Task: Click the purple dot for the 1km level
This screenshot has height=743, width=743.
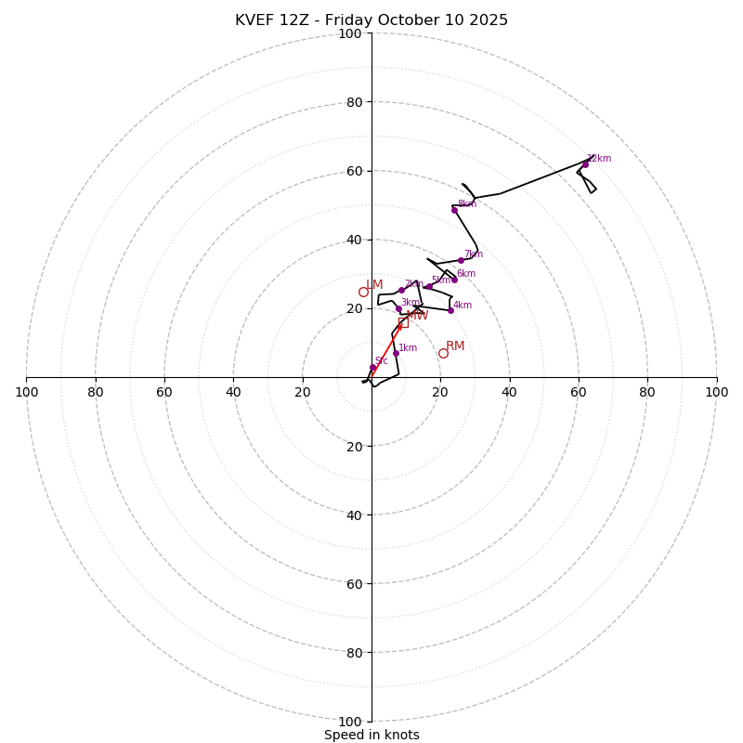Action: click(x=396, y=353)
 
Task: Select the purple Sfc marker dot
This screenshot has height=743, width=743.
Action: click(x=373, y=368)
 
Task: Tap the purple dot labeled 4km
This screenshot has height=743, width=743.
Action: click(x=450, y=310)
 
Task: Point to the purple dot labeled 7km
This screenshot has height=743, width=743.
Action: click(x=461, y=260)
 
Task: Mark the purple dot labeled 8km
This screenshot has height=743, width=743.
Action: click(x=454, y=210)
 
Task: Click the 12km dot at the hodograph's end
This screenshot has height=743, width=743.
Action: click(x=585, y=164)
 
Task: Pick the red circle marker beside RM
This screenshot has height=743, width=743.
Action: click(x=443, y=353)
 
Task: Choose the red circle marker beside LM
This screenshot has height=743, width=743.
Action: click(x=363, y=292)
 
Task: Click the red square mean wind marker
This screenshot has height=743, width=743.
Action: click(x=403, y=322)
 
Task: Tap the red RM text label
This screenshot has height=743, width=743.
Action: click(x=455, y=346)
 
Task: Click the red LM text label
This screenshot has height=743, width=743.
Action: click(x=374, y=285)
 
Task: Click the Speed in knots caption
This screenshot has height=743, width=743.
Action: click(x=371, y=735)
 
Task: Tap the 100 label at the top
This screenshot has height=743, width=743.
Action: click(x=350, y=33)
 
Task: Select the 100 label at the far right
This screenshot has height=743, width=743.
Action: click(x=716, y=392)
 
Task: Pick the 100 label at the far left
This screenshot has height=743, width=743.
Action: click(x=27, y=392)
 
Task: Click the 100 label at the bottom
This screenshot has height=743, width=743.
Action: click(x=350, y=722)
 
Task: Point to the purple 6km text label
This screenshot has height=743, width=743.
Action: click(x=466, y=274)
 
